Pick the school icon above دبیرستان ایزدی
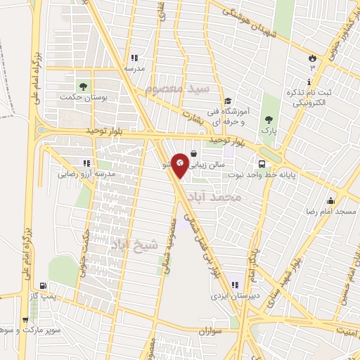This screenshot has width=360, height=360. pyautogui.click(x=235, y=285)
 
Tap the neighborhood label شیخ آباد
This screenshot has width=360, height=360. pyautogui.click(x=131, y=243)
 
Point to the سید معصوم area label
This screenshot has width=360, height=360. pyautogui.click(x=178, y=89)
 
